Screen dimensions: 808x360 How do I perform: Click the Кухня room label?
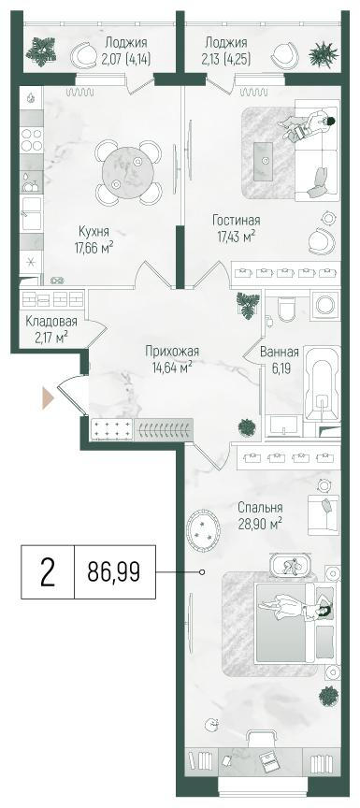point(93,231)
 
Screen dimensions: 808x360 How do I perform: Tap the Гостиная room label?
point(235,222)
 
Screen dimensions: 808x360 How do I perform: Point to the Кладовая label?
point(50,321)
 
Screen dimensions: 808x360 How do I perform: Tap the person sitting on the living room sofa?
point(313,125)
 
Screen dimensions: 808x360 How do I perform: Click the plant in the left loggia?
point(43,51)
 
